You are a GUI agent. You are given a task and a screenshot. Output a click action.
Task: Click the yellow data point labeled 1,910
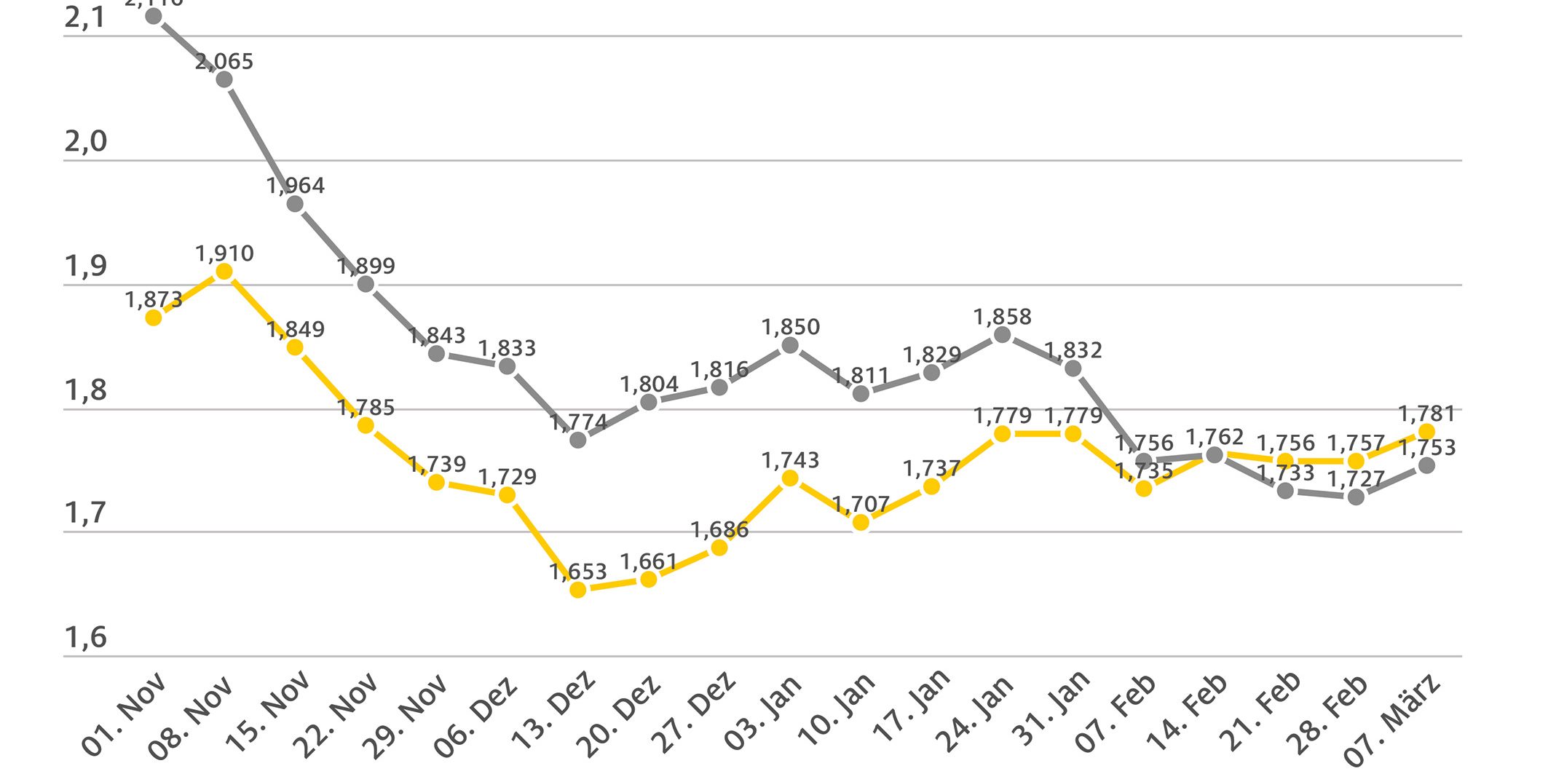(x=224, y=272)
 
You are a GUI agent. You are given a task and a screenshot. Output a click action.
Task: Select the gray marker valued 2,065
(x=224, y=79)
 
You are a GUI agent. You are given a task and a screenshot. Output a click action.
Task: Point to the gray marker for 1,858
(x=1002, y=335)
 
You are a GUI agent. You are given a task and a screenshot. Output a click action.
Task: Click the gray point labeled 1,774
(x=577, y=440)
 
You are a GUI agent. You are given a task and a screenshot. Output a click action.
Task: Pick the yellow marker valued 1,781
(x=1426, y=432)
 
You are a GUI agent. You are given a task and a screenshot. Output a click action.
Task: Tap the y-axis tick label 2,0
(x=85, y=141)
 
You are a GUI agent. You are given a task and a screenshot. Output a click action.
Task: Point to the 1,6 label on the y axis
(x=85, y=637)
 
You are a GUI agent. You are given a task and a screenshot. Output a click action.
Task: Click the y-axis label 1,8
(x=85, y=390)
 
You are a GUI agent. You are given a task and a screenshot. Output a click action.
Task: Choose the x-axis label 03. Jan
(x=763, y=712)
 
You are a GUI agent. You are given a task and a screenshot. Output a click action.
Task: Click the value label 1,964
(x=296, y=186)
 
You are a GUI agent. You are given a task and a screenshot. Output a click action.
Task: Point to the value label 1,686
(x=719, y=529)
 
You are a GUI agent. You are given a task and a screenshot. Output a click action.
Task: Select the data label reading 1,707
(x=861, y=504)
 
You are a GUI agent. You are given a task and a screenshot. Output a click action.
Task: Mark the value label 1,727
(x=1356, y=479)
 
